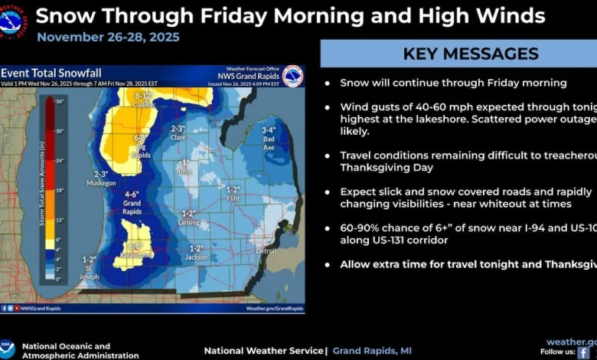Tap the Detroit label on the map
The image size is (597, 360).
pos(266,250)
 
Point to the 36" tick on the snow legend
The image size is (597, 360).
pos(59,101)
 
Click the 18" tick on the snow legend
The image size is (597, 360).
pos(59,189)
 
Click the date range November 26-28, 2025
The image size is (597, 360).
pos(108,37)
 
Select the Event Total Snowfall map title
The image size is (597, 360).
pos(51,73)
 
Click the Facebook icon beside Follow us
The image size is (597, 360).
pos(583,352)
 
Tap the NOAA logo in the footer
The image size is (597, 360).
pos(8,349)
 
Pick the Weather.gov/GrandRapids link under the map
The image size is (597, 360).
pos(274,308)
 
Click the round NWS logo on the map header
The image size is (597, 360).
pos(292,76)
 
